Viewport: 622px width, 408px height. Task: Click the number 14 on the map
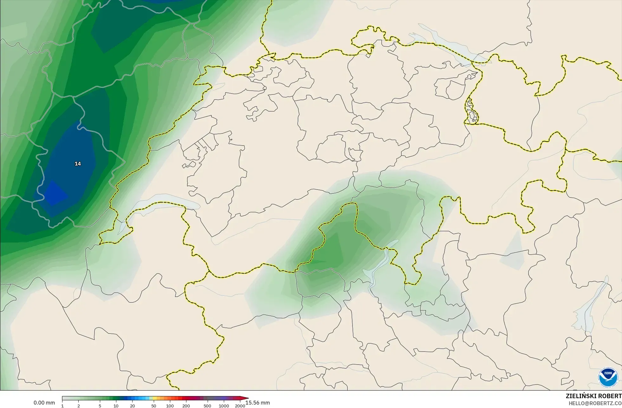point(78,164)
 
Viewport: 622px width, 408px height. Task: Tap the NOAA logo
point(608,377)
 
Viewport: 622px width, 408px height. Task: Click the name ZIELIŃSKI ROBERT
point(593,396)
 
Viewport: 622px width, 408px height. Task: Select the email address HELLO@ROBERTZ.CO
point(595,403)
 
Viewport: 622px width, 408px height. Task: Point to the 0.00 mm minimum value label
point(44,403)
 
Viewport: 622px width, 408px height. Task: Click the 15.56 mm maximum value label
point(258,403)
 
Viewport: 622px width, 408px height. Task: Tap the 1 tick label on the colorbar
point(62,406)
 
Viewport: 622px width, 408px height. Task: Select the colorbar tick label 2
point(79,406)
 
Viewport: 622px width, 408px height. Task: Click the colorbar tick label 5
point(100,406)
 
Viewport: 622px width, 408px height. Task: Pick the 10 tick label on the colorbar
point(116,406)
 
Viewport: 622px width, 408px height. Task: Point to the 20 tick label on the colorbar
point(132,406)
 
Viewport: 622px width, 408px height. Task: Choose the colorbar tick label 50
point(154,406)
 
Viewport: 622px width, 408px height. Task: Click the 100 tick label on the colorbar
point(170,406)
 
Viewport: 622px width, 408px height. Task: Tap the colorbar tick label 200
point(186,406)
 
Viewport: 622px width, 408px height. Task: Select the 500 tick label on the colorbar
point(207,406)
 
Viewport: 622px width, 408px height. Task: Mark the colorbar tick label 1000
point(224,406)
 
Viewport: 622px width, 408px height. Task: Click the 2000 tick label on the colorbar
point(240,406)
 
